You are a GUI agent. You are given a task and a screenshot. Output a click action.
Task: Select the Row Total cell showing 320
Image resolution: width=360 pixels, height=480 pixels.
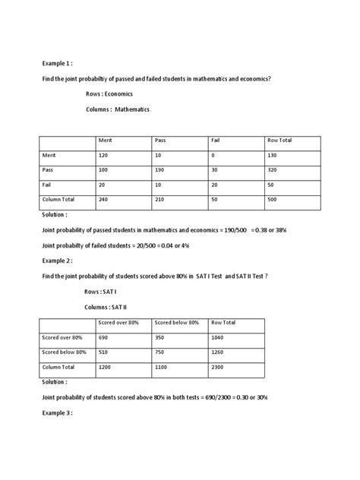pos(273,170)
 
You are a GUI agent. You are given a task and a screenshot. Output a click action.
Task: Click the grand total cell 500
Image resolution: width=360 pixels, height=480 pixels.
pos(273,200)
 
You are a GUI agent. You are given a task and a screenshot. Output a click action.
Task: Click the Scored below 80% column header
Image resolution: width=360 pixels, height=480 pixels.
pos(177,322)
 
